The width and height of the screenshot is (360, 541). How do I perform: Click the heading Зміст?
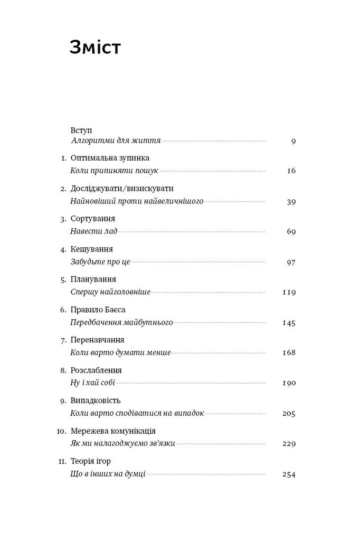(x=95, y=48)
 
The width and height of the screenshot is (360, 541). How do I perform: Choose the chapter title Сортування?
(x=92, y=219)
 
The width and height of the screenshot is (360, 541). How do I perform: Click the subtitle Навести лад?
(x=93, y=231)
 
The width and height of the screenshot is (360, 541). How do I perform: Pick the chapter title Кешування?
(x=92, y=249)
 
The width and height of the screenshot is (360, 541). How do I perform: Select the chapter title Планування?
(x=93, y=279)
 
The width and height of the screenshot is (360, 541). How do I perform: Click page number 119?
(x=289, y=292)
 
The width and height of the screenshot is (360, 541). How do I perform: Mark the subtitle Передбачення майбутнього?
(x=121, y=322)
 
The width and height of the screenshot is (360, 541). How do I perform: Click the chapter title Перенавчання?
(x=97, y=340)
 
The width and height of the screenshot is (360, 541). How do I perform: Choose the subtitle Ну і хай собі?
(x=92, y=383)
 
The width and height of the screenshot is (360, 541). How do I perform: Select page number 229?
(x=289, y=443)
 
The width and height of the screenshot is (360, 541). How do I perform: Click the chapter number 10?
(x=61, y=431)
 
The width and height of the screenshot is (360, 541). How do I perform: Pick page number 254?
(x=289, y=474)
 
